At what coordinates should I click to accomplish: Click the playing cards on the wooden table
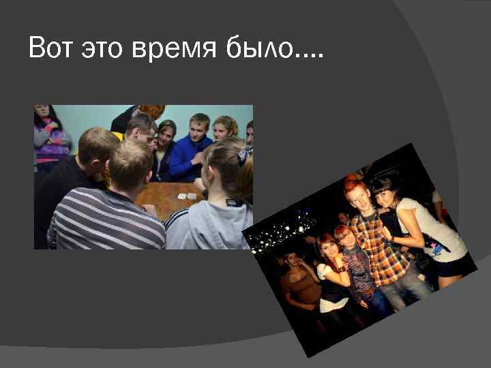[186, 196]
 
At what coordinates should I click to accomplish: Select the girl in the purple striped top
[51, 136]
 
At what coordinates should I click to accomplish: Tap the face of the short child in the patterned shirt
[344, 239]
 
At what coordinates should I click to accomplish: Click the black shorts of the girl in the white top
[449, 266]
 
